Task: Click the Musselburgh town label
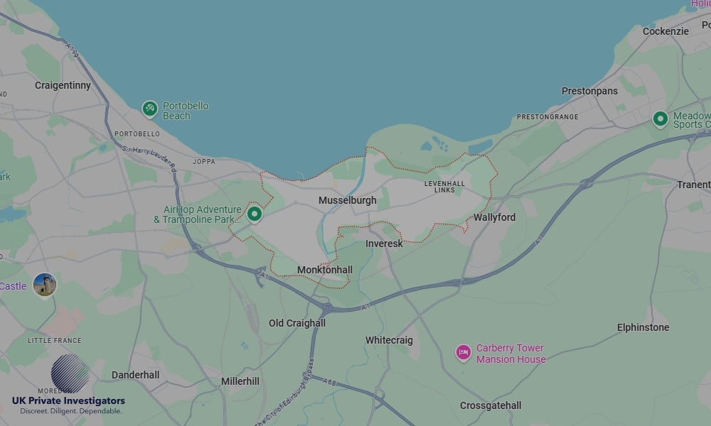(x=347, y=201)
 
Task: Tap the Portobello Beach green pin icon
(x=149, y=109)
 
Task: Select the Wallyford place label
(x=494, y=217)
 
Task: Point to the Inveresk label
(x=384, y=244)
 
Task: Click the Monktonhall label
(x=324, y=270)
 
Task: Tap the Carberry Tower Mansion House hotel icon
(x=464, y=352)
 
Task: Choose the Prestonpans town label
(x=589, y=91)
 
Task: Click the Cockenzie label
(x=665, y=31)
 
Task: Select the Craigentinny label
(x=63, y=85)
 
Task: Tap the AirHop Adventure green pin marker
(x=255, y=213)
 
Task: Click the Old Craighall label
(x=296, y=323)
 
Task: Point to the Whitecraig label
(x=389, y=340)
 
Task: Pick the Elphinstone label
(x=643, y=327)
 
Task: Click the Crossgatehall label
(x=491, y=405)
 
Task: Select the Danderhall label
(x=135, y=374)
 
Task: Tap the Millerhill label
(x=240, y=381)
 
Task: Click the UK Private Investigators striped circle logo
(x=70, y=373)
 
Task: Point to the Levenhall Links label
(x=444, y=187)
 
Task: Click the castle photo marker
(x=44, y=285)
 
